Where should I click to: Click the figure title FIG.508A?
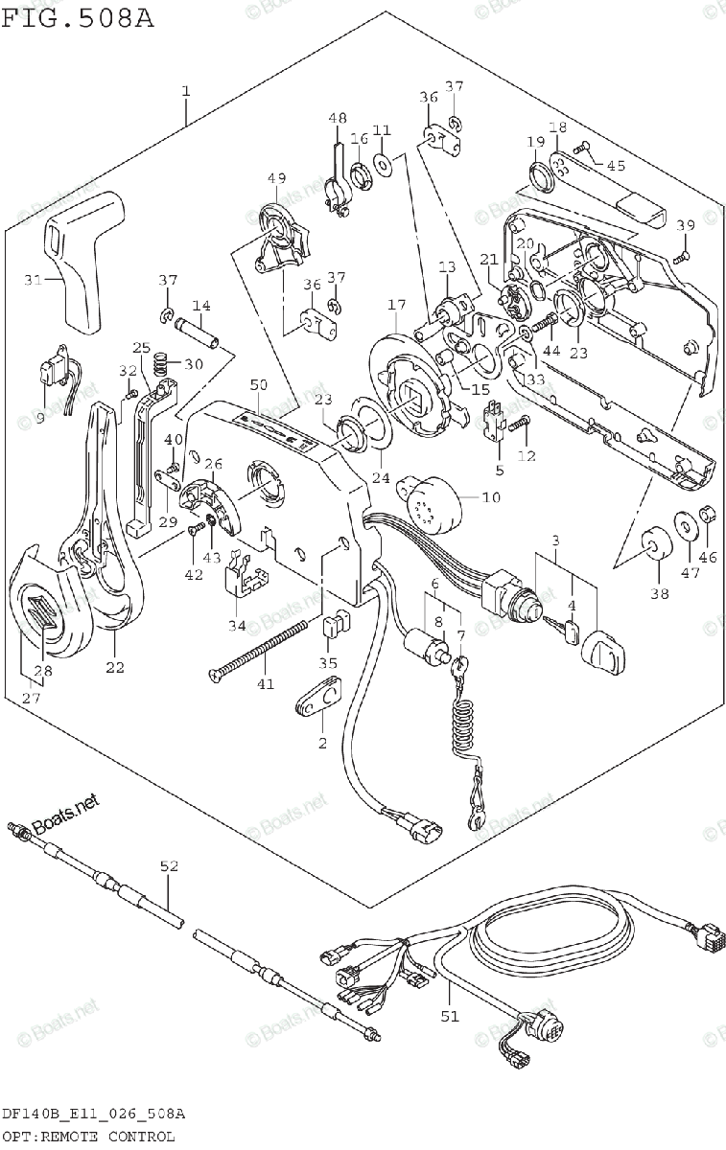pos(78,19)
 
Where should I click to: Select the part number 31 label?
pos(33,280)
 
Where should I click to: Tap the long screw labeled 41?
pos(259,652)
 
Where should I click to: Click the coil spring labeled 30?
pos(163,363)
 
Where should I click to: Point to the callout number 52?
pos(169,866)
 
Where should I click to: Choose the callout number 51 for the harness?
pos(450,1016)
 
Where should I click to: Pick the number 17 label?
pos(396,305)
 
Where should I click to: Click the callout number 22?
pos(115,667)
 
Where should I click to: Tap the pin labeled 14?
pos(197,333)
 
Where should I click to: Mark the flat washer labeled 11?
pos(383,164)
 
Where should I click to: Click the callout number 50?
pos(259,384)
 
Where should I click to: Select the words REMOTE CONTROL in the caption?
pos(108,1137)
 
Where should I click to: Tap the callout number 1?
pos(186,91)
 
